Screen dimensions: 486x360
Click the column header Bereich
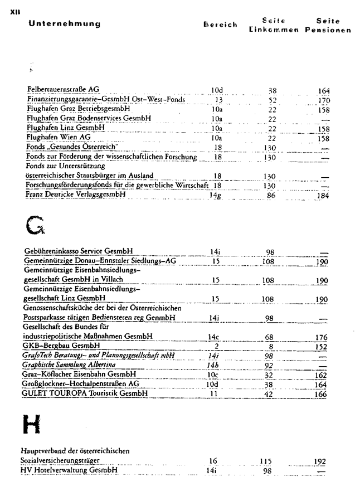pos(220,25)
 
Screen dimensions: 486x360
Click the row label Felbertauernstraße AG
pos(63,90)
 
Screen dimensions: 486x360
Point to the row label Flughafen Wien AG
pos(59,137)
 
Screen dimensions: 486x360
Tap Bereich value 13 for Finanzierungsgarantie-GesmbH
pos(219,100)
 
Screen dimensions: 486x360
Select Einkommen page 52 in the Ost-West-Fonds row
pos(273,100)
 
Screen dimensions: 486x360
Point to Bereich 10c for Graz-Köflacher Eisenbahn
pos(215,375)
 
